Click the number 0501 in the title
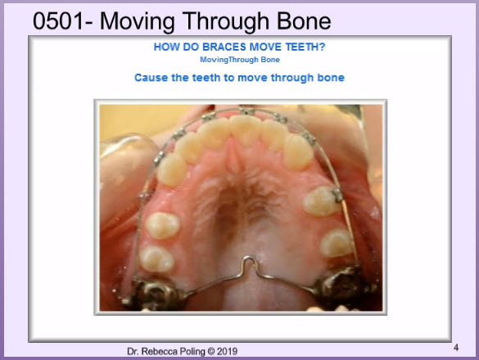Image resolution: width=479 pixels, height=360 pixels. (58, 20)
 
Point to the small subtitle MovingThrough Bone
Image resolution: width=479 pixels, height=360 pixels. (240, 60)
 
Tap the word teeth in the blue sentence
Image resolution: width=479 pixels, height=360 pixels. (206, 78)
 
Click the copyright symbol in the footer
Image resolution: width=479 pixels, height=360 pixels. (211, 351)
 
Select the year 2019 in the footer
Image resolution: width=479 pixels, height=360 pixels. (227, 351)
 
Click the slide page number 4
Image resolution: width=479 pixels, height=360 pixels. (456, 348)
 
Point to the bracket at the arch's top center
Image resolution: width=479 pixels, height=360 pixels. (246, 111)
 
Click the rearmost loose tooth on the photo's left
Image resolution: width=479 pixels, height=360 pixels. (156, 259)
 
